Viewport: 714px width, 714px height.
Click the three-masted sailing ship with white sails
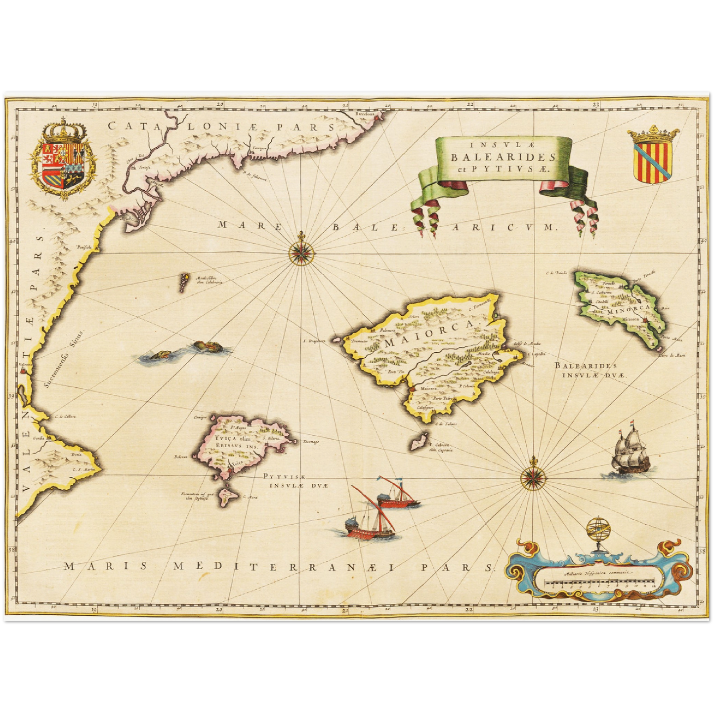tap(629, 453)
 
